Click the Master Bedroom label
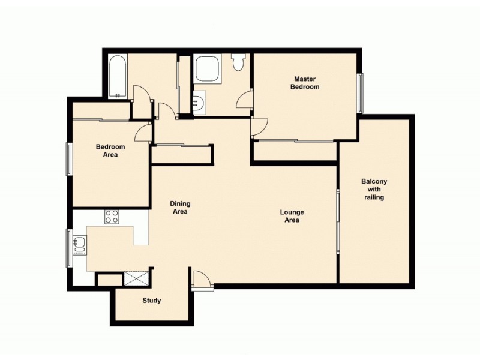[305, 83]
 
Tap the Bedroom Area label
[110, 151]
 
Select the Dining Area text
[180, 208]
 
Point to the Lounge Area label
[292, 216]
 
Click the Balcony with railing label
[374, 189]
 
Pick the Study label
[152, 301]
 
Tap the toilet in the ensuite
[238, 61]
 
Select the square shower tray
[208, 69]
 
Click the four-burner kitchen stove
[112, 217]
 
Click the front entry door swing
[202, 280]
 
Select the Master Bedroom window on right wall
[361, 93]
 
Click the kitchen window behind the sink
[69, 247]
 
